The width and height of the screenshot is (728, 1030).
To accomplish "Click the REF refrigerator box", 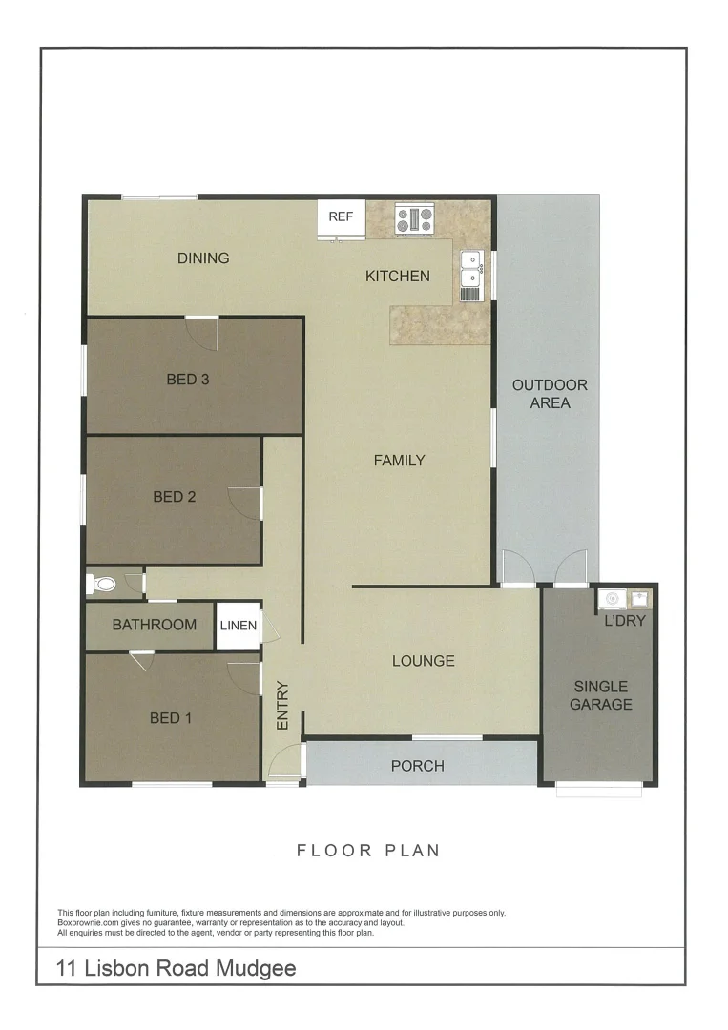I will click(x=341, y=217).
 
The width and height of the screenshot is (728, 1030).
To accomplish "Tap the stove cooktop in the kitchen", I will click(x=415, y=219).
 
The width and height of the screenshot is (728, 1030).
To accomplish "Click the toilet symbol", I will click(x=103, y=583).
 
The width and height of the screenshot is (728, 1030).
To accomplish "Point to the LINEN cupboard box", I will click(x=238, y=626).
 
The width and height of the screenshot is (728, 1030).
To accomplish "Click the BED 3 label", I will click(x=188, y=380).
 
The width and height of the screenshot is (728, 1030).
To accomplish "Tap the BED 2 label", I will click(x=174, y=496).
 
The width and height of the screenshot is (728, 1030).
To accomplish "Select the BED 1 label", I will click(x=171, y=717).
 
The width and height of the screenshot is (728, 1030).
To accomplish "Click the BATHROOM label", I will click(x=155, y=626).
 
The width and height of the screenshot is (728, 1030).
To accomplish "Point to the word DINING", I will click(x=203, y=257).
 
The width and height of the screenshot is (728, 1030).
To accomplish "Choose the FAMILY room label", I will click(x=399, y=461).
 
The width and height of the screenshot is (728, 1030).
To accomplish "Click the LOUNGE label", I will click(x=423, y=661).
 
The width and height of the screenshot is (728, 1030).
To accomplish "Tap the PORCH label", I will click(x=418, y=765).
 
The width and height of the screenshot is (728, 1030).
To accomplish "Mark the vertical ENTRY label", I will click(x=282, y=705).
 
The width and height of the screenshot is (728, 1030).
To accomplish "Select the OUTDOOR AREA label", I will click(x=550, y=394).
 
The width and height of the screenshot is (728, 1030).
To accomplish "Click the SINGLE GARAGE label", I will click(x=601, y=695).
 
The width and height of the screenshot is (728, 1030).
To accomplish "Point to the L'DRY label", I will click(x=625, y=621).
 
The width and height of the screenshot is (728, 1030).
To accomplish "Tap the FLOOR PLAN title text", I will click(x=368, y=850).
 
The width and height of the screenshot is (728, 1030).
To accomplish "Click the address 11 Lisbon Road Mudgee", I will click(x=177, y=969).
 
